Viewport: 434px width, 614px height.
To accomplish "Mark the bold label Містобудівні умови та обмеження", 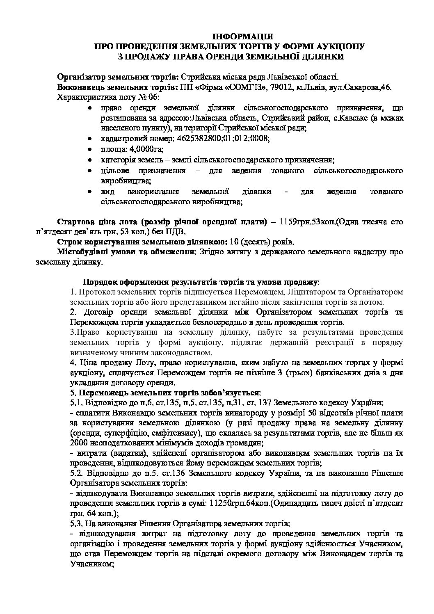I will pyautogui.click(x=126, y=251).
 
